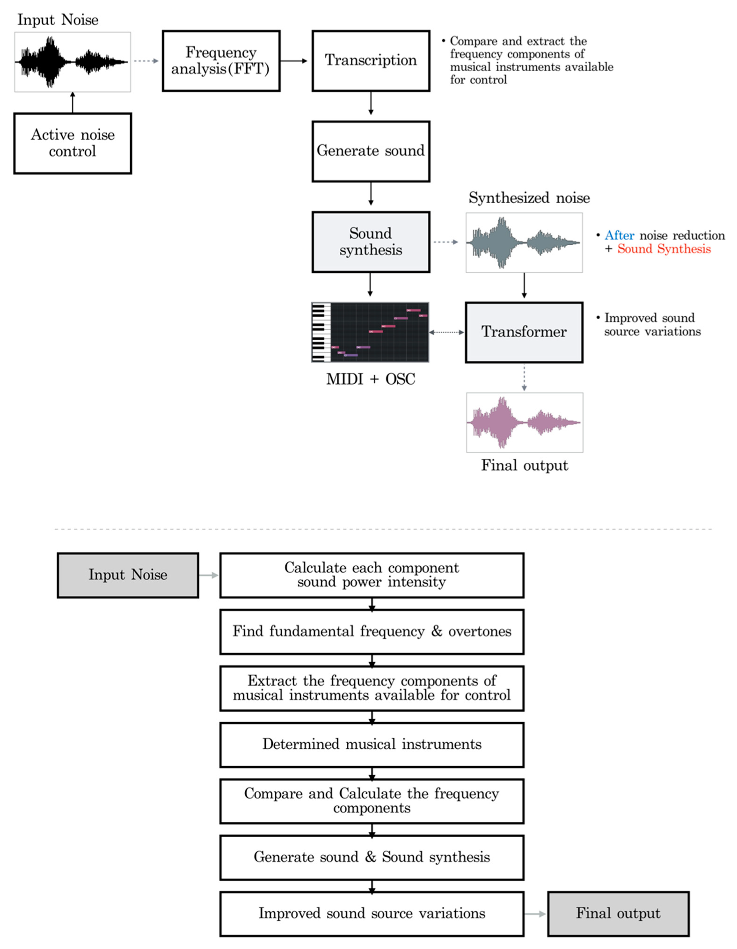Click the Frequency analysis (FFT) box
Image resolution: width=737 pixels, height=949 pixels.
pyautogui.click(x=221, y=61)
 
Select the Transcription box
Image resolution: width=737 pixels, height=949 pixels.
pyautogui.click(x=371, y=61)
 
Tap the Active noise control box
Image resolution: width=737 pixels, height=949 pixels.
pyautogui.click(x=73, y=143)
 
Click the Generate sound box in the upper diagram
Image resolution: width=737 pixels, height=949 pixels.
pyautogui.click(x=371, y=151)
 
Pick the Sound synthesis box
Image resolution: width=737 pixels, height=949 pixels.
pyautogui.click(x=371, y=242)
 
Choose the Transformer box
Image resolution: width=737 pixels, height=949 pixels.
pyautogui.click(x=524, y=332)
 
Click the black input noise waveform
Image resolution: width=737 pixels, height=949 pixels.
pyautogui.click(x=73, y=62)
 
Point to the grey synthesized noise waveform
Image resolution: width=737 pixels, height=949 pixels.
pyautogui.click(x=524, y=242)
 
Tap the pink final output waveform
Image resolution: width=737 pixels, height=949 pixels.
pyautogui.click(x=525, y=422)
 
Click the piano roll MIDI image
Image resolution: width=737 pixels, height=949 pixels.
pyautogui.click(x=370, y=332)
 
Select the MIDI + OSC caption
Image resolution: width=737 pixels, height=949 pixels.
pyautogui.click(x=370, y=379)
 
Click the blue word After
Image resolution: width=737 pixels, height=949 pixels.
pyautogui.click(x=619, y=235)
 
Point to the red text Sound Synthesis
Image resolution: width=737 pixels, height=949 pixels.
pyautogui.click(x=664, y=249)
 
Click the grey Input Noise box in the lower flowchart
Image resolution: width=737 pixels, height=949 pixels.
pyautogui.click(x=128, y=575)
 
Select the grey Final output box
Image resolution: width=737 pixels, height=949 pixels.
pyautogui.click(x=618, y=913)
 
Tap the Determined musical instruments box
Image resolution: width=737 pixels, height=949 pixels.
pyautogui.click(x=372, y=744)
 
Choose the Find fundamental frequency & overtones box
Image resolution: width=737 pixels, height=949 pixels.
pyautogui.click(x=372, y=631)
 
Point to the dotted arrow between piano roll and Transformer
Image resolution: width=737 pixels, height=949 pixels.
pyautogui.click(x=447, y=332)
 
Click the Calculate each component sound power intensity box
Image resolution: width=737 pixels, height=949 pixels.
pyautogui.click(x=372, y=575)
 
